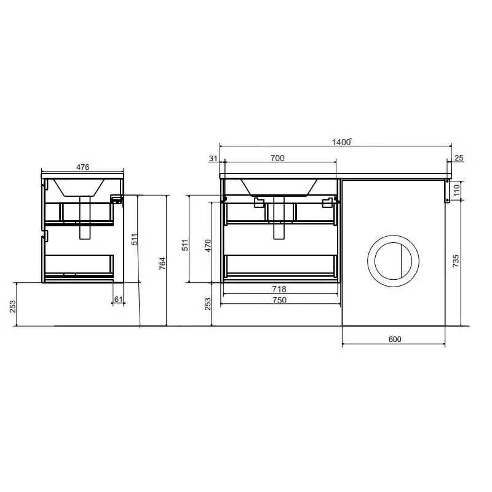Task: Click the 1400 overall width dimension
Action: (341, 142)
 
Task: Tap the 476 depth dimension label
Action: (83, 167)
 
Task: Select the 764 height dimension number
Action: (162, 264)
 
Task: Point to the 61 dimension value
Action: (118, 300)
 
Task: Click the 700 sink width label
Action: (277, 158)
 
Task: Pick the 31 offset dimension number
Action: (213, 159)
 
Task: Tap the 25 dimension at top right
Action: (459, 158)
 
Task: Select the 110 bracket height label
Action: (456, 190)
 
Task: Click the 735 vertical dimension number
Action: (456, 261)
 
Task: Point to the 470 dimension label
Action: (208, 245)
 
